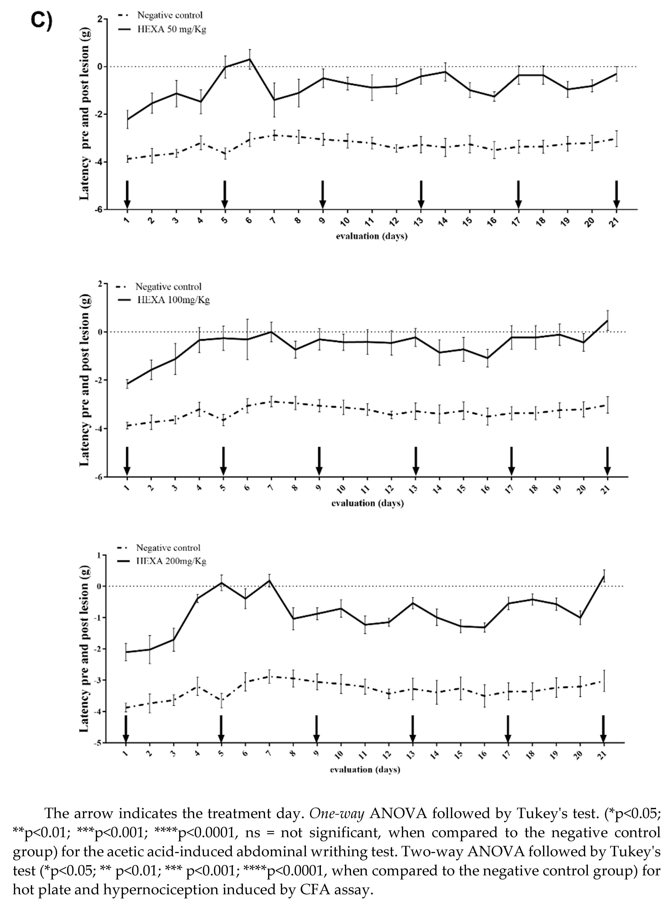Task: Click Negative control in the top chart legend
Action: coord(170,15)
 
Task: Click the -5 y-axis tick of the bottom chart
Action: coord(98,743)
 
